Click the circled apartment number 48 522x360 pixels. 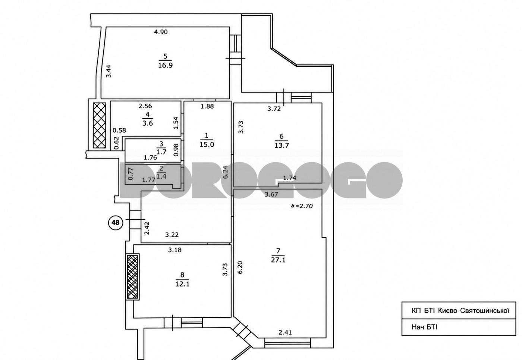click(x=115, y=222)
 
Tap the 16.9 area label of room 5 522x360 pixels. click(x=166, y=65)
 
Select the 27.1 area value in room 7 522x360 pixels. click(x=278, y=260)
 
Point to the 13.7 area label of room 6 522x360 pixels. click(x=282, y=145)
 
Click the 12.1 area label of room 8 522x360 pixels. click(x=182, y=284)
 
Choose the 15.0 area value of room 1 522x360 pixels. click(x=207, y=144)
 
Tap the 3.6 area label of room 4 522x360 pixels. click(x=148, y=123)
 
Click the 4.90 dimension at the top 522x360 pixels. click(x=161, y=32)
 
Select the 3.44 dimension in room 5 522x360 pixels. click(x=109, y=71)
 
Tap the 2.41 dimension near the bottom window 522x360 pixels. click(x=285, y=332)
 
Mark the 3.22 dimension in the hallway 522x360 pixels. click(x=172, y=235)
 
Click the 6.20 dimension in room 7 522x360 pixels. click(x=240, y=268)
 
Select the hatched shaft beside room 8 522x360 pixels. click(x=132, y=277)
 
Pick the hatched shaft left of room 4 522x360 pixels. click(x=99, y=125)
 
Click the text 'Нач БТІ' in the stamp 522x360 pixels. click(x=424, y=327)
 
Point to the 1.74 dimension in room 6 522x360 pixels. click(x=290, y=178)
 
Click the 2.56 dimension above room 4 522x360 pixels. click(x=145, y=106)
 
